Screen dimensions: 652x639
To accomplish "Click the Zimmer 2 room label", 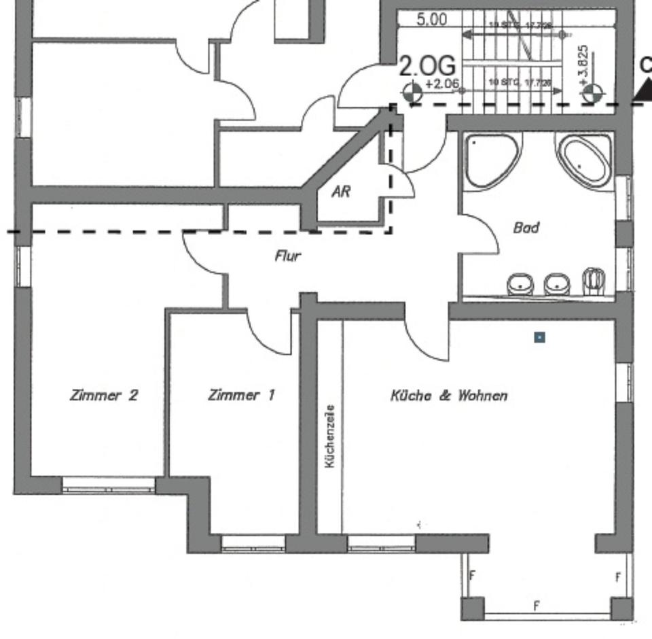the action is click(x=104, y=395).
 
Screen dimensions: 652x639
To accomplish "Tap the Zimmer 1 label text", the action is click(x=242, y=395).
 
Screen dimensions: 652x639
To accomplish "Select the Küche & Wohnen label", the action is click(x=448, y=395).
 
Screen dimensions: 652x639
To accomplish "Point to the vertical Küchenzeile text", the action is click(x=330, y=436).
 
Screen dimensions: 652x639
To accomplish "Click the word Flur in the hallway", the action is click(x=287, y=256).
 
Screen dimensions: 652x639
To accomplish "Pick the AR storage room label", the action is click(x=341, y=192).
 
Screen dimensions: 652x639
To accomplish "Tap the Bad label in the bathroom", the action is click(x=526, y=228).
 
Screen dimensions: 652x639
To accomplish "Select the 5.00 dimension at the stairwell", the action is click(x=431, y=19).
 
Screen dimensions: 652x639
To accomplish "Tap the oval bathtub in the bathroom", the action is click(x=584, y=160).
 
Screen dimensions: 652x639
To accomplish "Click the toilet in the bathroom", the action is click(x=594, y=281).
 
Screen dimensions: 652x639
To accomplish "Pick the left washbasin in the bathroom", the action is click(x=521, y=285).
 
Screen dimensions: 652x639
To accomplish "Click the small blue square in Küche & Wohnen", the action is click(x=539, y=336).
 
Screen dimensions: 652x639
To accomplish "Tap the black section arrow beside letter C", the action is click(x=642, y=92).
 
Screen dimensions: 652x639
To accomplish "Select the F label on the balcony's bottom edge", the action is click(x=536, y=604).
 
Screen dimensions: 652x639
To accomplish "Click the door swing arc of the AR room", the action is click(x=406, y=182).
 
